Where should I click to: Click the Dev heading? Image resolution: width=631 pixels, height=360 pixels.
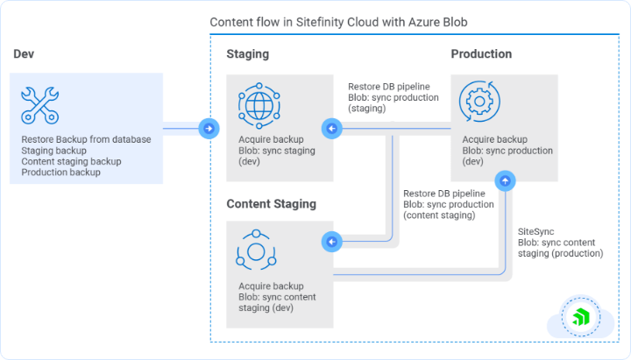[x=24, y=54]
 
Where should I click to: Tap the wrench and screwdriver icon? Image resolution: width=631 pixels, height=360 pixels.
[x=39, y=104]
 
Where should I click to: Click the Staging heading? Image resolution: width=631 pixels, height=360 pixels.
[x=248, y=54]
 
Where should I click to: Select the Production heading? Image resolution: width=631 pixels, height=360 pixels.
[x=481, y=54]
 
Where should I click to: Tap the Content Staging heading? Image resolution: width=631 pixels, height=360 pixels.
[x=271, y=204]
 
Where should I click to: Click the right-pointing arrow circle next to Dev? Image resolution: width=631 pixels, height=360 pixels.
[x=209, y=129]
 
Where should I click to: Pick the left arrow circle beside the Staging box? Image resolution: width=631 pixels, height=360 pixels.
[x=331, y=129]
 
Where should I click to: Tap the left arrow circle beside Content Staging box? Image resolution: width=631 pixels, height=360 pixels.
[x=331, y=240]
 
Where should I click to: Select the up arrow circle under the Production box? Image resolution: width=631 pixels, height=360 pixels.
[x=505, y=181]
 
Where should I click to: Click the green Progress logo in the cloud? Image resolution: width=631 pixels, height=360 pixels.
[x=579, y=316]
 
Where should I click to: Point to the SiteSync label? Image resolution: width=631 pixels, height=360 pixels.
[x=535, y=231]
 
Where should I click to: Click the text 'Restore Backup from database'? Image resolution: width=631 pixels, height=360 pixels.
[x=86, y=139]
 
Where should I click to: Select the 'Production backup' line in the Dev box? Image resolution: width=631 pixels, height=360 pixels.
[x=61, y=173]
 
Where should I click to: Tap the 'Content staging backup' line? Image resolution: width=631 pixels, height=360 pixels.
[x=71, y=161]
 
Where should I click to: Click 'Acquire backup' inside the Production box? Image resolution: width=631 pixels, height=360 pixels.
[x=493, y=140]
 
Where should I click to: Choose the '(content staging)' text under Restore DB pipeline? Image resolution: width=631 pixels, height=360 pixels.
[x=440, y=215]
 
